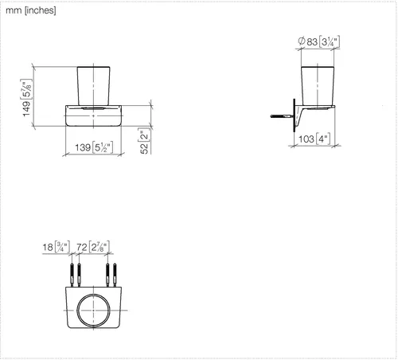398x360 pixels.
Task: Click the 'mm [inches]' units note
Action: coord(31,10)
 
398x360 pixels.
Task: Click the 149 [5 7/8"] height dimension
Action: coord(26,98)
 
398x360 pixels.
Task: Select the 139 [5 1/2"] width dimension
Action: coord(94,147)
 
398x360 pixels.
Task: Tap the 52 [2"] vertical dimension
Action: coord(145,141)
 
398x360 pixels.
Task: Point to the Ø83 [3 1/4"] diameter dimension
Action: coord(318,41)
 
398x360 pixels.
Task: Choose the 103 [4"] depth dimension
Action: coord(314,139)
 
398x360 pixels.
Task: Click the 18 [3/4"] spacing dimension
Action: coord(56,247)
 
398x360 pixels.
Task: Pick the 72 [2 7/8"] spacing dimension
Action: coord(93,247)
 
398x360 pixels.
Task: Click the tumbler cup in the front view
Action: coord(93,86)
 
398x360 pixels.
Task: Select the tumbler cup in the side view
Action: coord(318,86)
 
